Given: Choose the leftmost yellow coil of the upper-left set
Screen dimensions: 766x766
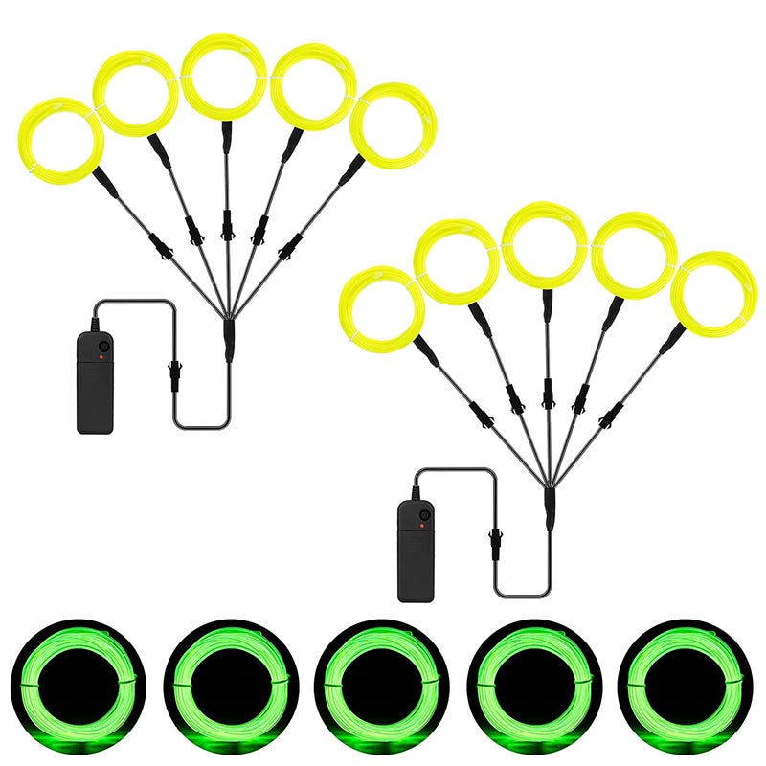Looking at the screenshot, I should click(x=60, y=142).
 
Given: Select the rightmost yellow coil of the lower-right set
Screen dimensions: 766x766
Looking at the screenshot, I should click(x=714, y=295).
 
